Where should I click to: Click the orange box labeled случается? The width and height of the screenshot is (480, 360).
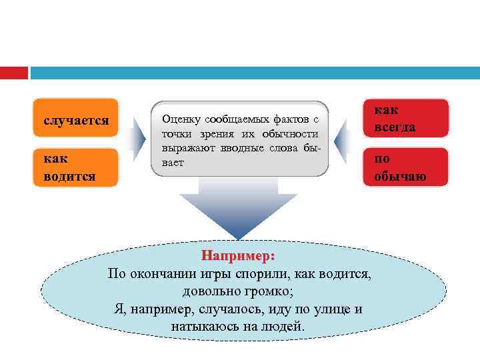tap(76, 121)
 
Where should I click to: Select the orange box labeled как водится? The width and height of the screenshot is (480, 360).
tap(76, 167)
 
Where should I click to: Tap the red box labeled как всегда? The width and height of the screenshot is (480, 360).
tap(406, 118)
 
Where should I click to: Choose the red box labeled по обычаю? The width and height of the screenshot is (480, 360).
tap(406, 167)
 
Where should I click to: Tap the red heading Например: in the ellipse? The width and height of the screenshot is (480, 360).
tap(239, 255)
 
